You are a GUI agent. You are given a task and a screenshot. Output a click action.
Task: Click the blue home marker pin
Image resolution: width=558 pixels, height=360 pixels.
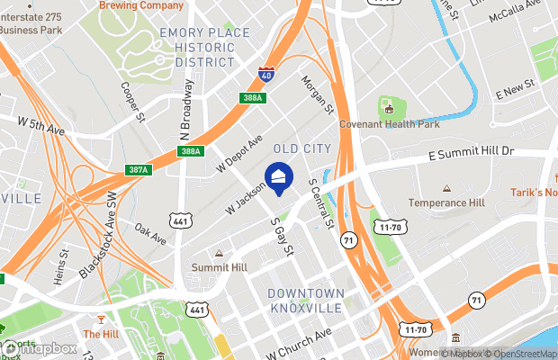click(278, 176)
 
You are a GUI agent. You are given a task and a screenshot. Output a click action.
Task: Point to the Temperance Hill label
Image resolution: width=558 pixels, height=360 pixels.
click(447, 203)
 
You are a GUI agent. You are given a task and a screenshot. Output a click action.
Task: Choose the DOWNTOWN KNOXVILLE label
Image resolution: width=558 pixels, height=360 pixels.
click(307, 301)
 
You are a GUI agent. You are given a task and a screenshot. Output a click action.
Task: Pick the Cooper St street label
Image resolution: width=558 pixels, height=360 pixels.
click(133, 103)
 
